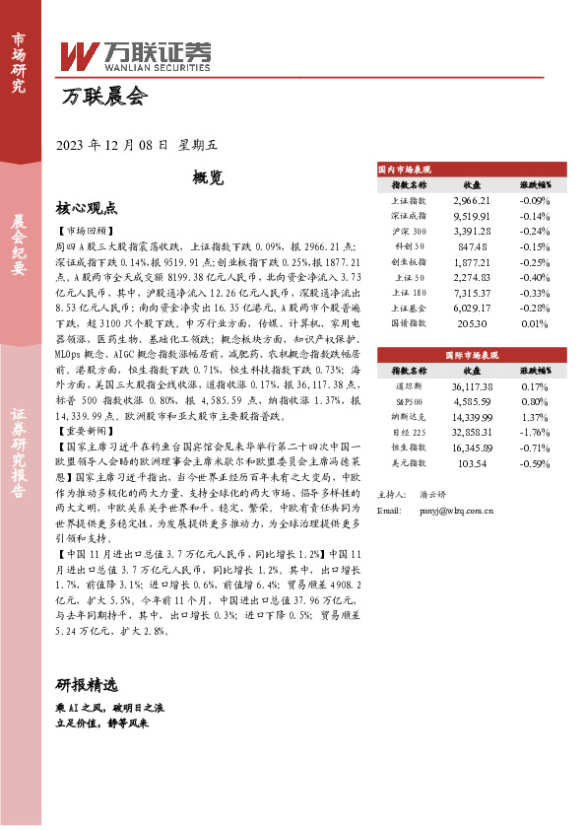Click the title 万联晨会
coord(103,98)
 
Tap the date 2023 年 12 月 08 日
coord(113,145)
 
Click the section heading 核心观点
coord(87,208)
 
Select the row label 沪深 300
coord(410,231)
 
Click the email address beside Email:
coord(447,511)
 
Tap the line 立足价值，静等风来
coord(102,724)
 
